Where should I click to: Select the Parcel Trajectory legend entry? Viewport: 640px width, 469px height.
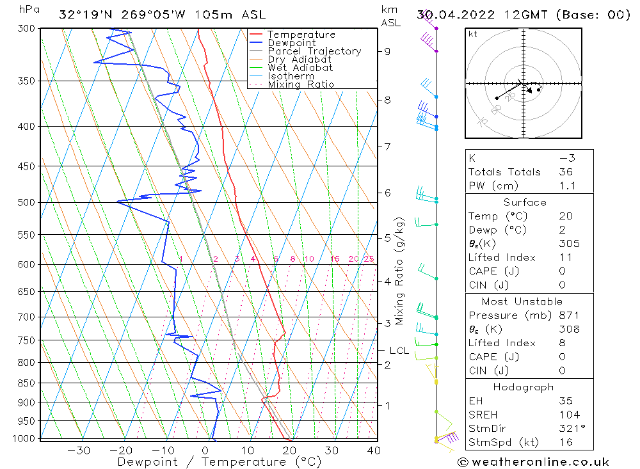pos(314,51)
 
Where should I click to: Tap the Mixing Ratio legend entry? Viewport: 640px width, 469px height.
pos(301,84)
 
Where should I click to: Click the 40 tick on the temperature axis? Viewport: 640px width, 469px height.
pos(374,450)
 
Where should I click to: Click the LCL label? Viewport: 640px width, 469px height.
pos(399,351)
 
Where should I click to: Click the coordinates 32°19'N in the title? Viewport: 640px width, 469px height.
pos(84,15)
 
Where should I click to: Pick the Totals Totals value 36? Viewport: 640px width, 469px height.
pos(566,172)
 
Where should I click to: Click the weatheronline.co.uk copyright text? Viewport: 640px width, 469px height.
pos(533,462)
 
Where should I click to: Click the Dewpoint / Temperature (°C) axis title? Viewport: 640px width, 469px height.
pos(219,462)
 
